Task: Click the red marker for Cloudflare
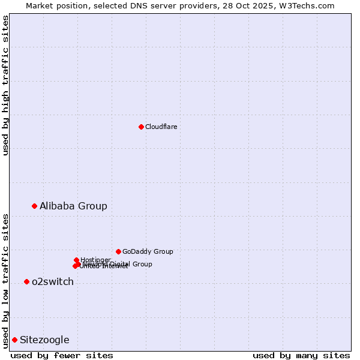click(141, 127)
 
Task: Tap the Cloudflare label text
click(161, 127)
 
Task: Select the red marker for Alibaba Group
click(34, 206)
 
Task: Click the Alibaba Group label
click(73, 206)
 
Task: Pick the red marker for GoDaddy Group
click(118, 251)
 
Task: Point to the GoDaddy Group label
click(147, 251)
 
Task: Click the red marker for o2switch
click(26, 281)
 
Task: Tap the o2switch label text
click(52, 281)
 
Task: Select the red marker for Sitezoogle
click(14, 340)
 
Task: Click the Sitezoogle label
click(44, 340)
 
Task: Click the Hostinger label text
click(95, 260)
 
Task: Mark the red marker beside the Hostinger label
click(76, 260)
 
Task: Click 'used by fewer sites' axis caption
click(62, 355)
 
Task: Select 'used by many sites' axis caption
click(301, 355)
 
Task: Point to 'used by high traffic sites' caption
click(5, 85)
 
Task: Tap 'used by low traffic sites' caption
click(5, 280)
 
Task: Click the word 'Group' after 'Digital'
click(142, 264)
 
